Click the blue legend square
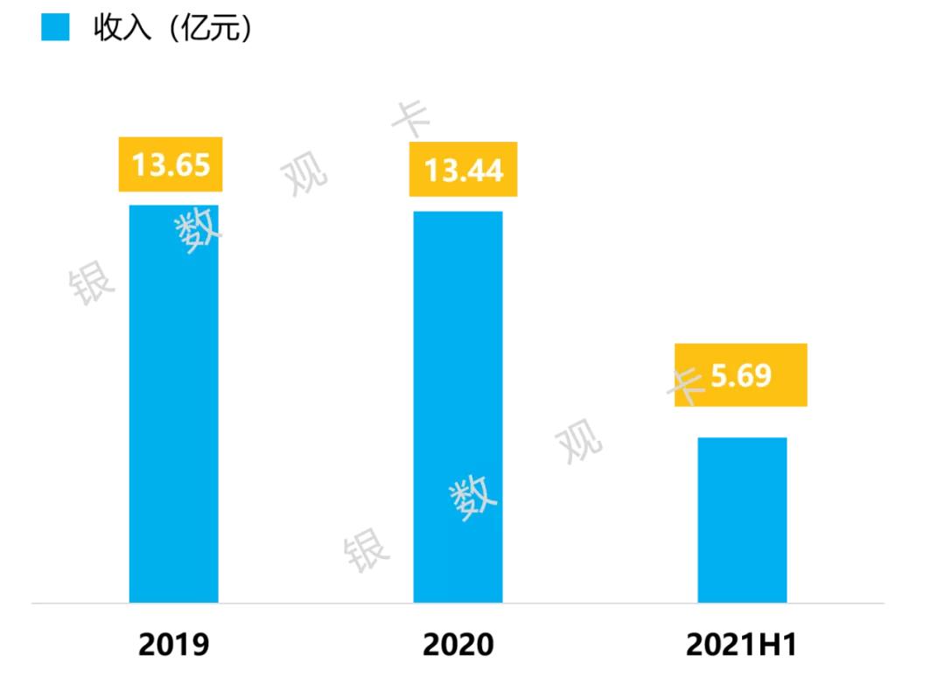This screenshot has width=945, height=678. [x=55, y=28]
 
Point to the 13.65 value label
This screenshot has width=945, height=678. [x=171, y=164]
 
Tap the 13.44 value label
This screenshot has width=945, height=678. [x=464, y=169]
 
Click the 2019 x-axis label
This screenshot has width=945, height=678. [x=174, y=646]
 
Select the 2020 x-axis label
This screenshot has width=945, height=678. [x=458, y=646]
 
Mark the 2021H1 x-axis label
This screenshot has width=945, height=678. [x=742, y=646]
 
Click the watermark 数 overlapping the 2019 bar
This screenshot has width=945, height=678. [x=199, y=231]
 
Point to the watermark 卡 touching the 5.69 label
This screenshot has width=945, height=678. [x=686, y=385]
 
